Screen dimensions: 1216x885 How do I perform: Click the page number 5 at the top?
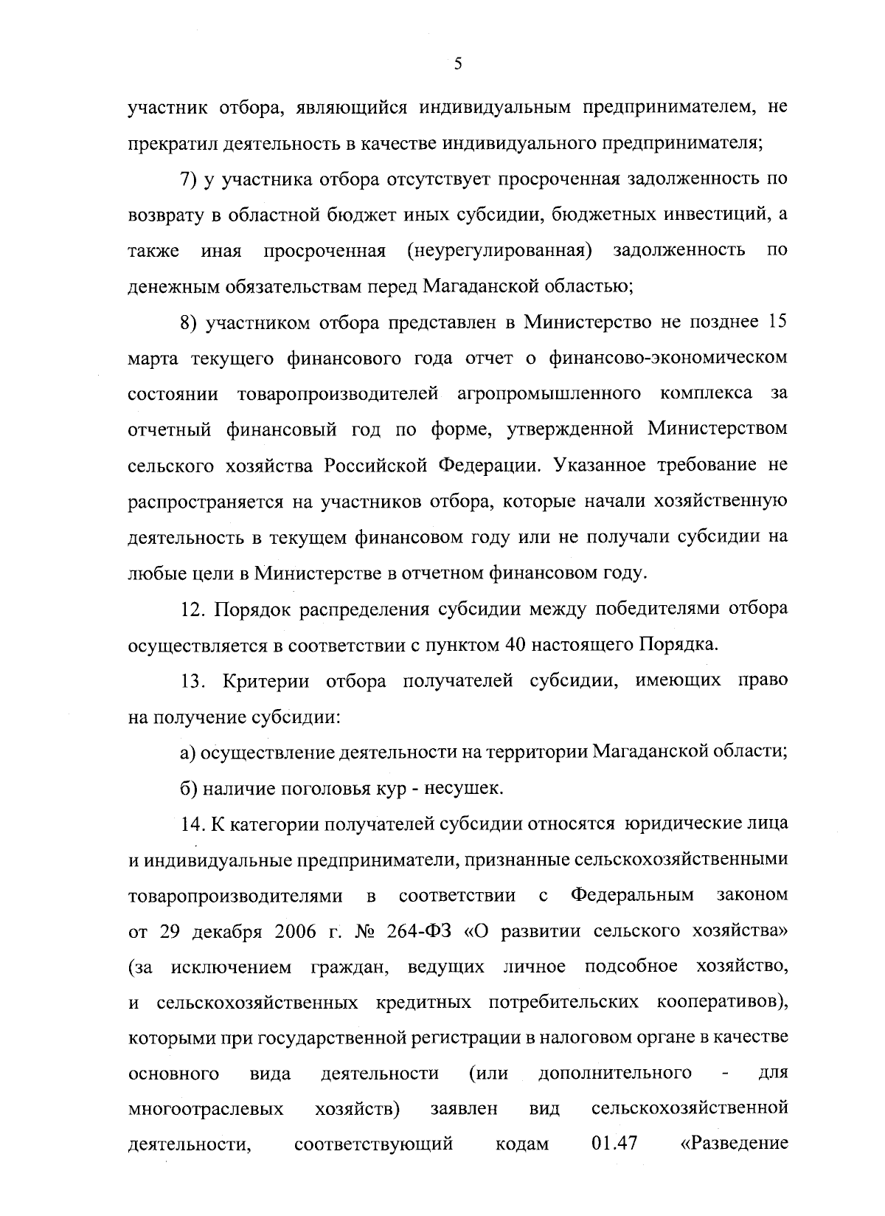[x=457, y=64]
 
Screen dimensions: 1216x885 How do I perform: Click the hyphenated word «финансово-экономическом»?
[x=667, y=359]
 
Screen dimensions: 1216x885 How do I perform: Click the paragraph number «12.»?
[x=193, y=609]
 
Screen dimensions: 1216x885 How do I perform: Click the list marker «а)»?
[x=189, y=752]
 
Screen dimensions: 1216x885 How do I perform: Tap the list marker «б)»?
[x=190, y=788]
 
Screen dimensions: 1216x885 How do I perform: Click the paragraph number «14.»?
[x=193, y=824]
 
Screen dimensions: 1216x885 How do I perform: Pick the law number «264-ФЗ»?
[x=421, y=931]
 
